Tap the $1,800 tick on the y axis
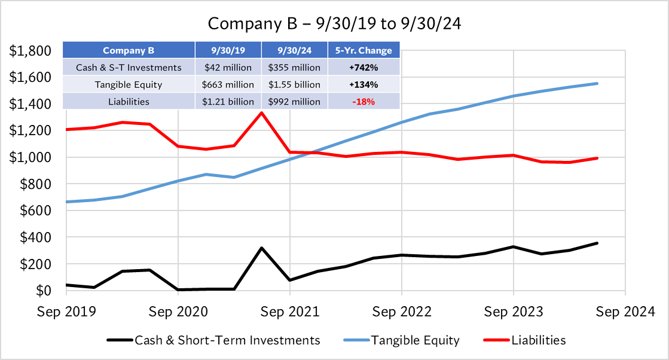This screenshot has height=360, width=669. (30, 51)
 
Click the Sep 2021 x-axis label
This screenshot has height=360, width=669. (290, 312)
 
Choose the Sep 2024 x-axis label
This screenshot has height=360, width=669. (625, 312)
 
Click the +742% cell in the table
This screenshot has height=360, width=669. (363, 68)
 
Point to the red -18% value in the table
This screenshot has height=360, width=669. (363, 102)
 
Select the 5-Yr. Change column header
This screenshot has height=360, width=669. (363, 51)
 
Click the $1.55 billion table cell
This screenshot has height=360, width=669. (295, 85)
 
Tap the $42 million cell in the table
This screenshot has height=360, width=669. (228, 68)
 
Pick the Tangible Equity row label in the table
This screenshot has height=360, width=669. (129, 85)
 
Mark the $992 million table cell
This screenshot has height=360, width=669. (295, 102)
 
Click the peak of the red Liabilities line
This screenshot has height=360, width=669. (261, 112)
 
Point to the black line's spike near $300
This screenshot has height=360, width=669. (261, 248)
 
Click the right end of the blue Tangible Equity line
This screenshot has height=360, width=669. (597, 83)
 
